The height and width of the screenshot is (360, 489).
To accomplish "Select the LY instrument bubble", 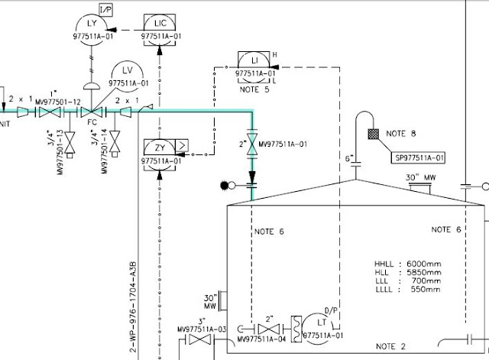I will coord(89,30).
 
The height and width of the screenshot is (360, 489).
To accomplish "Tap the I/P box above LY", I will coord(106,8).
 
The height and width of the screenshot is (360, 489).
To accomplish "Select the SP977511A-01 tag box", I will coord(419,158).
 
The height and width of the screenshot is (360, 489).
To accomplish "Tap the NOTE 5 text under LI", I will coord(254,89).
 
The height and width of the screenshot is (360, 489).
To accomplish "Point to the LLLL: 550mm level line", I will coord(408,290).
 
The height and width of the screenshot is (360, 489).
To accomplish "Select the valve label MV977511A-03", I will coord(202,329).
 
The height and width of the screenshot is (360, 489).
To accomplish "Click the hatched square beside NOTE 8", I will coord(374,134).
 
